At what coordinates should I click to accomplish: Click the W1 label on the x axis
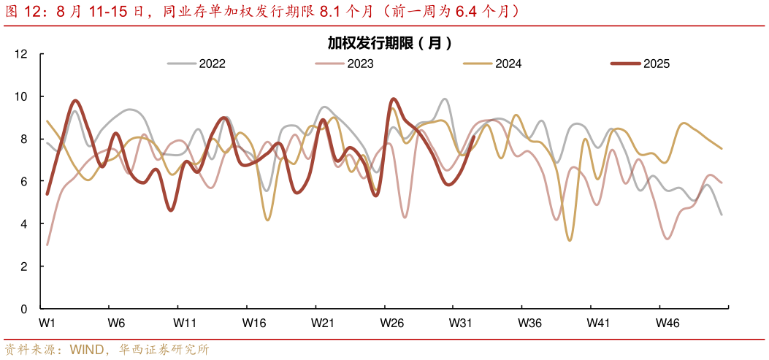point(47,323)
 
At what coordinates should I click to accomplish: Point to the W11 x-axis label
point(185,323)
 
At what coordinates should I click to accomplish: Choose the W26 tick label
point(392,323)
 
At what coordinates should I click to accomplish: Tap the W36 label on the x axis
point(529,323)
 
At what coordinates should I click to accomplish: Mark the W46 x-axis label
point(667,323)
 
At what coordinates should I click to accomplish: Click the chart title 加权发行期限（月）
point(389,43)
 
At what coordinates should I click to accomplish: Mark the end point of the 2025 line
point(474,137)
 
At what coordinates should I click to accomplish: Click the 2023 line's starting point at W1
point(47,245)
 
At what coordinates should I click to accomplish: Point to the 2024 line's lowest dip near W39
point(570,240)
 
